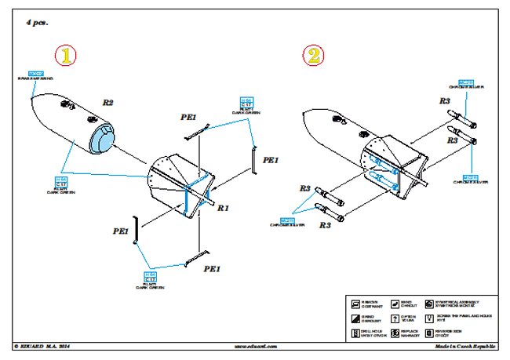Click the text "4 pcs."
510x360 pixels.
click(x=37, y=24)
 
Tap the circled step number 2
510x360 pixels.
click(x=313, y=56)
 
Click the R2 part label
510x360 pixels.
click(x=108, y=103)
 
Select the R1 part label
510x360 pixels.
click(x=222, y=209)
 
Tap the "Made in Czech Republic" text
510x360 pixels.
click(x=461, y=345)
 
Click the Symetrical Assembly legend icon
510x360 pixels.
click(x=428, y=304)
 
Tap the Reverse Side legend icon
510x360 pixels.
click(x=428, y=333)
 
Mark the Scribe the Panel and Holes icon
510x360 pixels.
click(x=428, y=319)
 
